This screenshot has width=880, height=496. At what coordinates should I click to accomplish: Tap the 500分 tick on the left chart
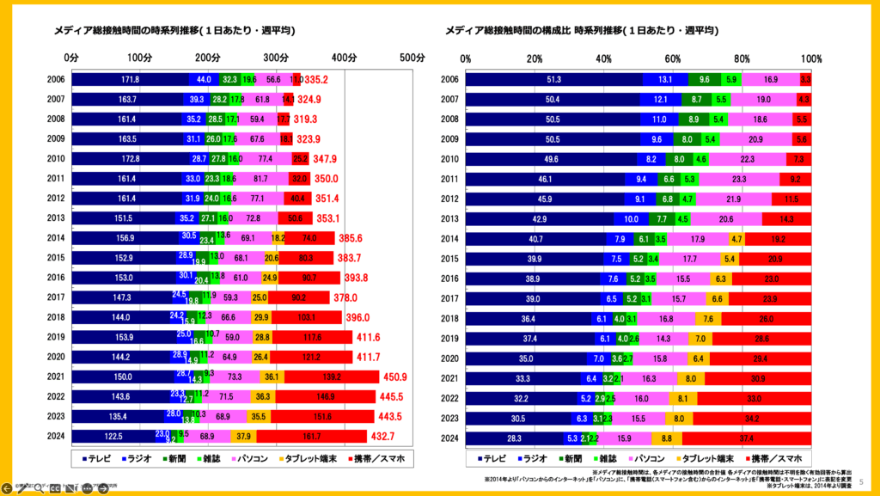(x=413, y=58)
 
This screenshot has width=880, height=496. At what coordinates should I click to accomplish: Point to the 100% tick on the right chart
(x=811, y=58)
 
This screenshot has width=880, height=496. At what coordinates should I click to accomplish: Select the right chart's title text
(x=582, y=31)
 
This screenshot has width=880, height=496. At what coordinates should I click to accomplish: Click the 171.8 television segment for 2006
(x=130, y=79)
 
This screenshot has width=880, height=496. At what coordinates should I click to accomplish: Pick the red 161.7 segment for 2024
(x=312, y=436)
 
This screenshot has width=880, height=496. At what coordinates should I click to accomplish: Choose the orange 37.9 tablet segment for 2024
(x=243, y=436)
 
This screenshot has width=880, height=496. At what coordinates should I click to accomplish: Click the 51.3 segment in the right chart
(x=554, y=79)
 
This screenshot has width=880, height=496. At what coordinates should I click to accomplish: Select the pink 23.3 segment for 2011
(x=739, y=178)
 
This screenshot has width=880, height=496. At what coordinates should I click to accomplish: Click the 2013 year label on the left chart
(x=56, y=218)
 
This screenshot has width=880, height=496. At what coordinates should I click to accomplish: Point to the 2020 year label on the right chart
(x=449, y=357)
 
